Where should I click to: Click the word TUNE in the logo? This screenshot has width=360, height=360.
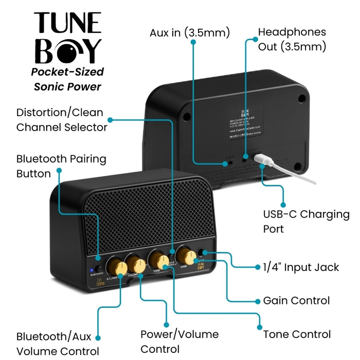pyautogui.click(x=67, y=24)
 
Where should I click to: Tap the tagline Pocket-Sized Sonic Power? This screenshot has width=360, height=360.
pyautogui.click(x=67, y=79)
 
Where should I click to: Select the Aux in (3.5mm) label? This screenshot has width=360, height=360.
pyautogui.click(x=190, y=33)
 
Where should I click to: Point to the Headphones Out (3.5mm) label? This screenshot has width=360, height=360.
pyautogui.click(x=292, y=39)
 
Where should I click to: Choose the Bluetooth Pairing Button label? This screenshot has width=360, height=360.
pyautogui.click(x=61, y=166)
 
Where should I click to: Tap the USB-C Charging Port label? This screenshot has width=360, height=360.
pyautogui.click(x=306, y=221)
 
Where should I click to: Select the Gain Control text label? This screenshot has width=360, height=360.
pyautogui.click(x=296, y=300)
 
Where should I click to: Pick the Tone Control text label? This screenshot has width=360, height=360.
pyautogui.click(x=297, y=334)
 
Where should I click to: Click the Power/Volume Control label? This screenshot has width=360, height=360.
pyautogui.click(x=179, y=341)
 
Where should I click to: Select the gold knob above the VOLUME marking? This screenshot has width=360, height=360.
pyautogui.click(x=138, y=265)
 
